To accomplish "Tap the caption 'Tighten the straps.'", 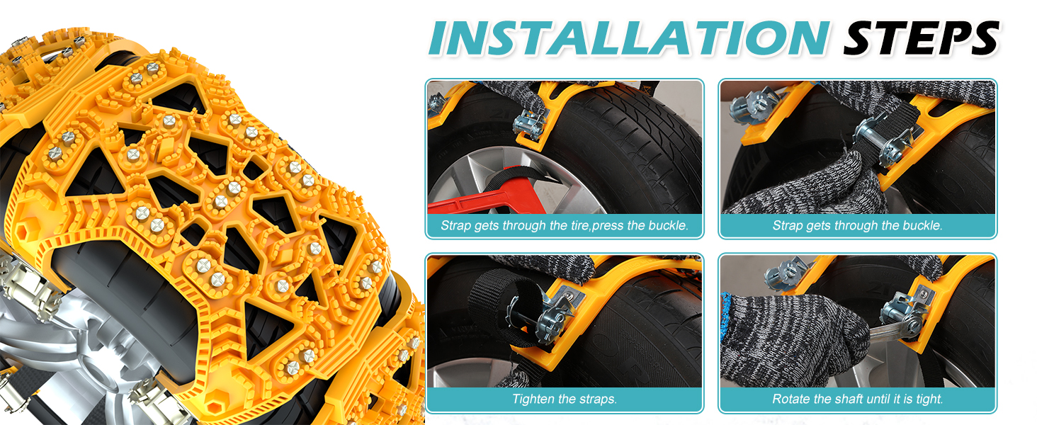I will (564, 399).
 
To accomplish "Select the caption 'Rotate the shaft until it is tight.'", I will (857, 399).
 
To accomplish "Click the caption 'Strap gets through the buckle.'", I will (857, 226).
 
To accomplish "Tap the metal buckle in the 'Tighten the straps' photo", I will (556, 314).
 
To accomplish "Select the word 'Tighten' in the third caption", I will (533, 399).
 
